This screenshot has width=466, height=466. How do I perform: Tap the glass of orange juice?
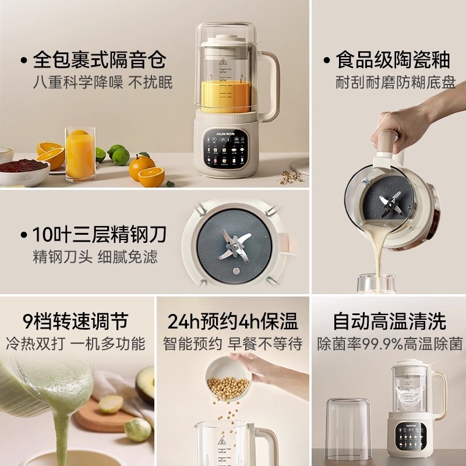pyautogui.click(x=80, y=154)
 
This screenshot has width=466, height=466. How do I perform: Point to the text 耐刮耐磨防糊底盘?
pyautogui.click(x=396, y=83)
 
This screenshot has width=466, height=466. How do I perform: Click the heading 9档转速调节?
pyautogui.click(x=75, y=321)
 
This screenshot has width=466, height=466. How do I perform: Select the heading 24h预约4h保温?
pyautogui.click(x=232, y=321)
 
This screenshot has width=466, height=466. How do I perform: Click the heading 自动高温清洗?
pyautogui.click(x=389, y=321)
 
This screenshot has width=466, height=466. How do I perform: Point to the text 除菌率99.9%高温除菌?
pyautogui.click(x=390, y=344)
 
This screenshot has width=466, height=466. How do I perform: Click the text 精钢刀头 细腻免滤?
pyautogui.click(x=95, y=257)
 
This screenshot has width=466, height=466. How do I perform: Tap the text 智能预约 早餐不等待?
pyautogui.click(x=232, y=344)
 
